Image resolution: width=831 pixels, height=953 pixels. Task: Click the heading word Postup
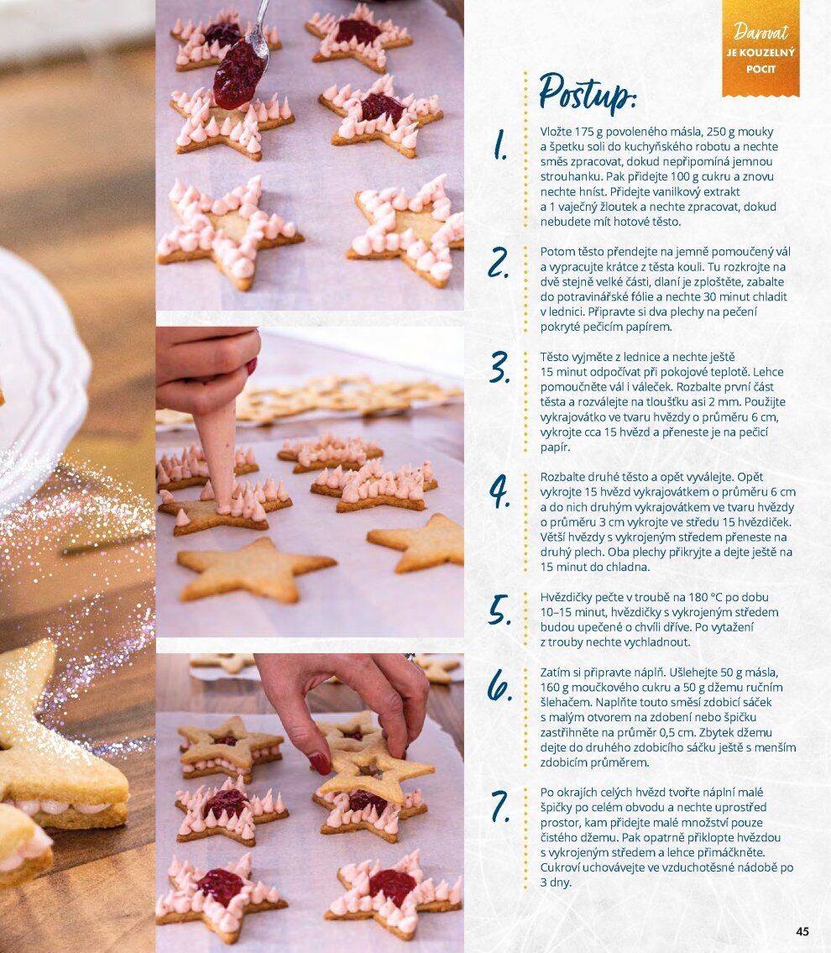[x=587, y=93]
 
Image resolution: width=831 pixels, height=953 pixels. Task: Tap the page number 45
[x=802, y=931]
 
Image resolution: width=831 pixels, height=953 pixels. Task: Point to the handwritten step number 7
[x=500, y=806]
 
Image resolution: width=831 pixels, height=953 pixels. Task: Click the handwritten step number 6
[x=499, y=685]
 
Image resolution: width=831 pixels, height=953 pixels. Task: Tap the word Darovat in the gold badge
[x=760, y=32]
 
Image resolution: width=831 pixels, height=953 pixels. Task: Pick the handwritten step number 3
[x=499, y=367]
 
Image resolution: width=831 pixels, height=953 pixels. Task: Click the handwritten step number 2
[x=499, y=263]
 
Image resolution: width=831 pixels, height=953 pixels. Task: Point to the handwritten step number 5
[x=499, y=610]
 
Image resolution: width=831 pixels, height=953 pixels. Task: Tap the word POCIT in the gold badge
[x=760, y=70]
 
